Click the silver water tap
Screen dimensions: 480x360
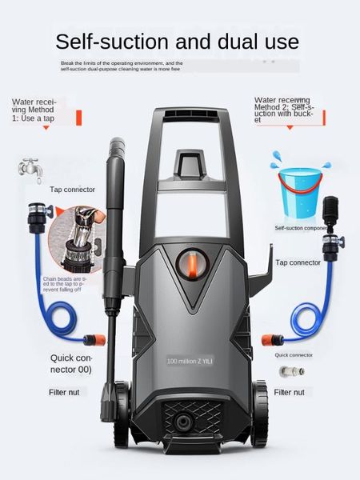point(30,168)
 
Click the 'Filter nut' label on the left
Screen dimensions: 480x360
point(66,392)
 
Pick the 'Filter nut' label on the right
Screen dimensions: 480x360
point(289,392)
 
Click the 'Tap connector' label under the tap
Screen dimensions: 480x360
point(73,190)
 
